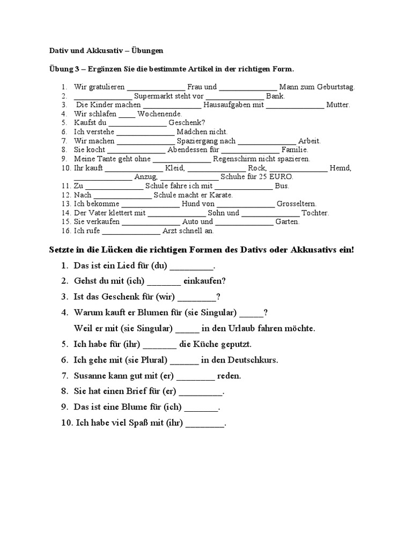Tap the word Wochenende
160,114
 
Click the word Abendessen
186,150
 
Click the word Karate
219,195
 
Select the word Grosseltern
297,204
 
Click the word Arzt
171,231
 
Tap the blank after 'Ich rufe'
130,232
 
